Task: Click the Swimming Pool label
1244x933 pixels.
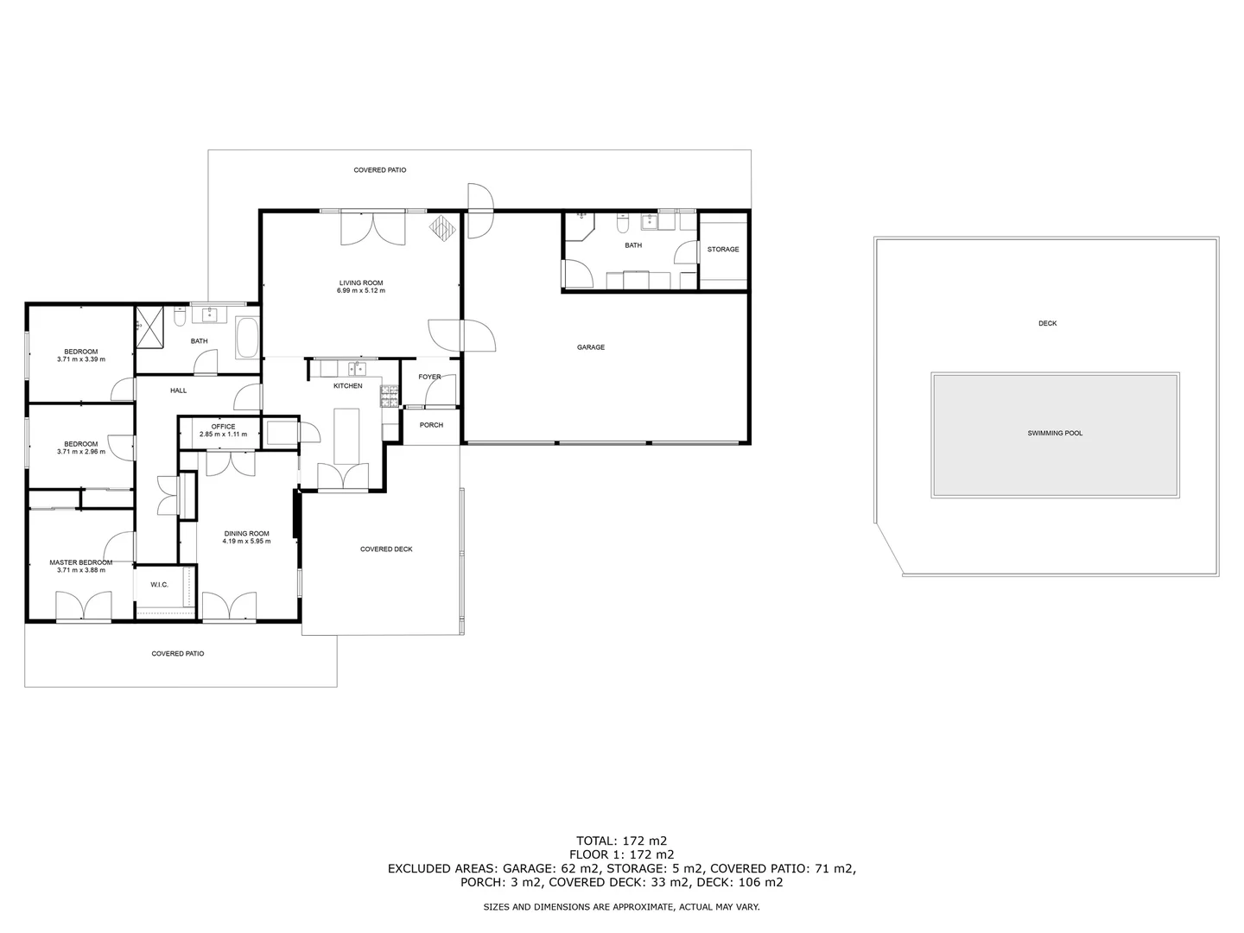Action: point(1054,434)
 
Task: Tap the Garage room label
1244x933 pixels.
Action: point(591,347)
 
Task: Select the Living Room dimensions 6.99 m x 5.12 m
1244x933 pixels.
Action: point(360,291)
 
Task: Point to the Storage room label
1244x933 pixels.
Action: point(723,250)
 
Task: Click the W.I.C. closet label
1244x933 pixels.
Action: point(159,585)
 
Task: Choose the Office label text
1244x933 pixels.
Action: point(223,427)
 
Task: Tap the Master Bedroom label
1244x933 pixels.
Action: point(80,562)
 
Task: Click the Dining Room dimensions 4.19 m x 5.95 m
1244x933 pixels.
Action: point(246,542)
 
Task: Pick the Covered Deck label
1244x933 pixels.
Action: point(386,549)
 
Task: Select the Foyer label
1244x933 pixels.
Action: point(429,378)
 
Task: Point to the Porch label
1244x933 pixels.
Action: point(431,425)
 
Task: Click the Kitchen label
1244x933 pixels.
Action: point(348,386)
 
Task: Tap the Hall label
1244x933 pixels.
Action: point(178,390)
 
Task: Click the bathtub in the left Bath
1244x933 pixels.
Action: point(247,338)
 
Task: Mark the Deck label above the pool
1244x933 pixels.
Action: point(1047,324)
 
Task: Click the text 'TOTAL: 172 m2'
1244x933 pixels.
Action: point(622,841)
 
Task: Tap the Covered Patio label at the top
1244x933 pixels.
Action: point(379,170)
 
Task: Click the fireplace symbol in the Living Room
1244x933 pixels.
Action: point(444,229)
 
